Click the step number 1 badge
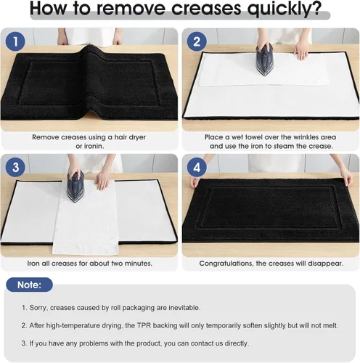click(x=16, y=42)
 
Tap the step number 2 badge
click(x=197, y=42)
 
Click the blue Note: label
click(x=29, y=285)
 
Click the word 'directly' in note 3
click(x=234, y=343)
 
